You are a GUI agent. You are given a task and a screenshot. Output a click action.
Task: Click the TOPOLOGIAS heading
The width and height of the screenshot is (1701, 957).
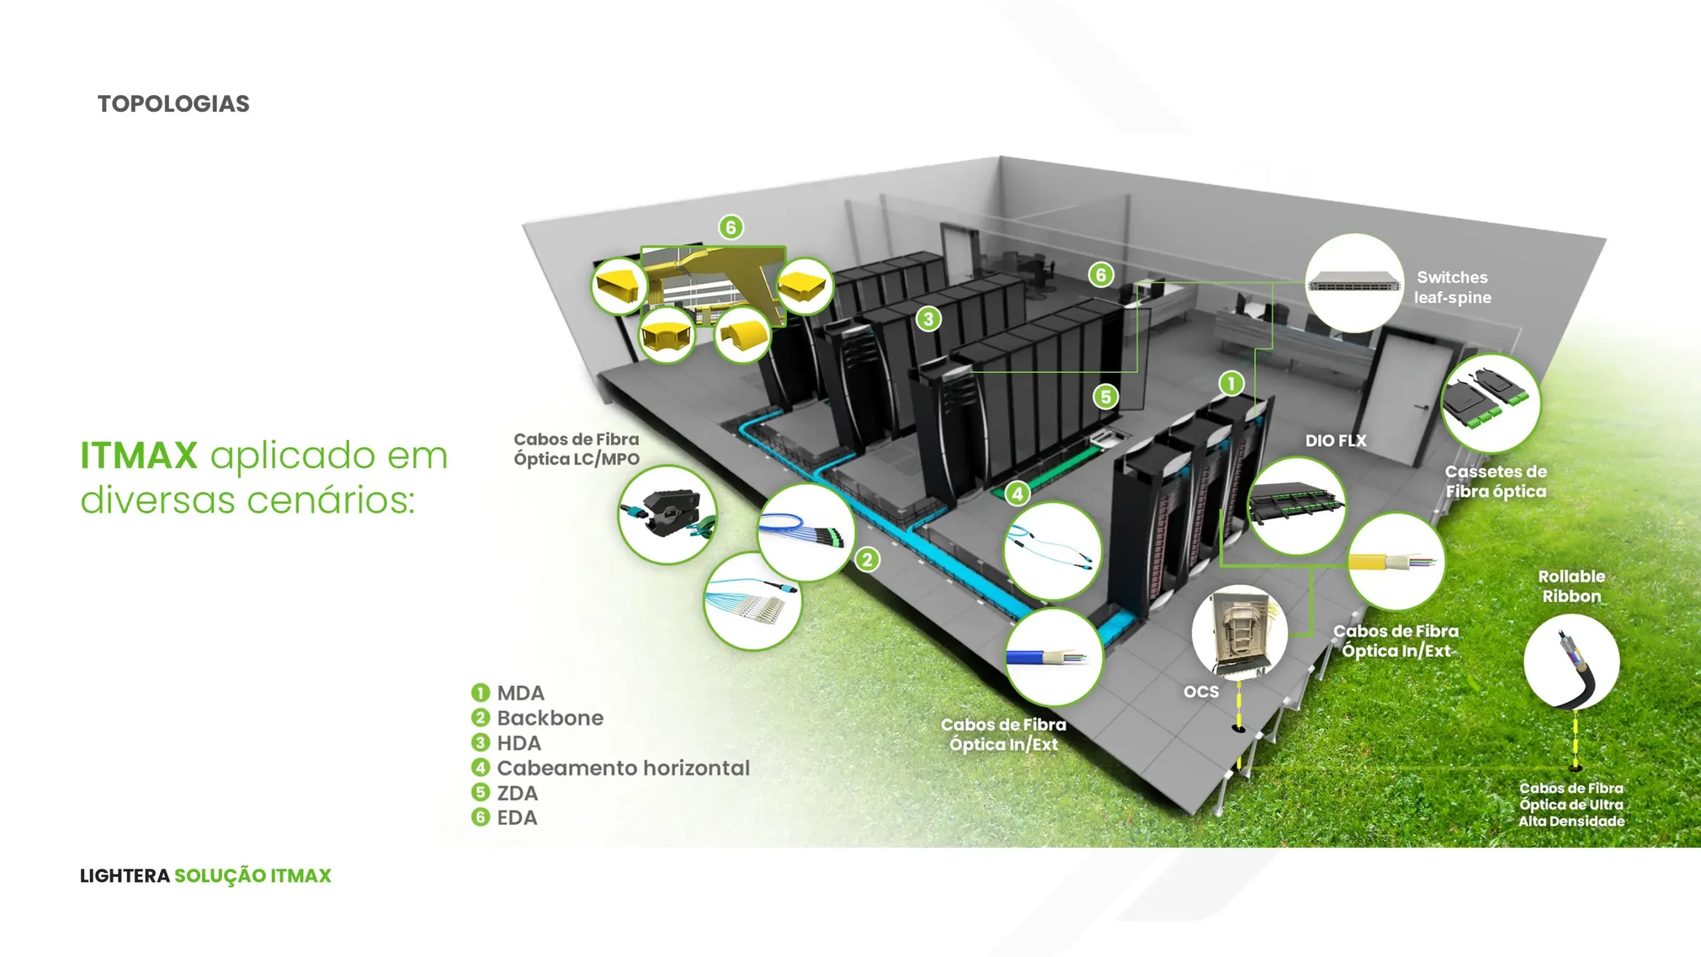173,104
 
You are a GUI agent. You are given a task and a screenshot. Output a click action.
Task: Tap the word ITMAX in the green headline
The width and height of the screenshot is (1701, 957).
139,456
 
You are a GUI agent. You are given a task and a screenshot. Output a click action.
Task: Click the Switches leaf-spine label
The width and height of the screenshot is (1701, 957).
1452,287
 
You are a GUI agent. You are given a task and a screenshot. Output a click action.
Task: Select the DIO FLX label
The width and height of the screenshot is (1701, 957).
1336,441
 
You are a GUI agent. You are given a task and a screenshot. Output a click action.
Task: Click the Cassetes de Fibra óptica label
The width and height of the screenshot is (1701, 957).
1496,481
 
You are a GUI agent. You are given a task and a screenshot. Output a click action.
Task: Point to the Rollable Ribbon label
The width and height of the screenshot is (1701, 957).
1571,586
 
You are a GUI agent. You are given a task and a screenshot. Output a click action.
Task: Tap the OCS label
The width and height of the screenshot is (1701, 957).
1201,692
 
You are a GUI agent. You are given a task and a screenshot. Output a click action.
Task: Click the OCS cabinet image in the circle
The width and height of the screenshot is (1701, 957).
1240,632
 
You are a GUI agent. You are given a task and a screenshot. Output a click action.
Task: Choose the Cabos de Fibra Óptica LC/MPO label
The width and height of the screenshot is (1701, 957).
576,449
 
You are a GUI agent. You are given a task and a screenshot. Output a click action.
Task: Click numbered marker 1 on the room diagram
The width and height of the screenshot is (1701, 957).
1231,383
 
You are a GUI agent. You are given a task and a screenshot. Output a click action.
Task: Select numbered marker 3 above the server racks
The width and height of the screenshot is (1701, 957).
928,319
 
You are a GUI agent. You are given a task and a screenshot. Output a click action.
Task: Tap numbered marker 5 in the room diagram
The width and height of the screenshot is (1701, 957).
1106,397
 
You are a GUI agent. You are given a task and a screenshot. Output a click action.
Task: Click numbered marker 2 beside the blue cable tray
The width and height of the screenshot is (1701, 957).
867,560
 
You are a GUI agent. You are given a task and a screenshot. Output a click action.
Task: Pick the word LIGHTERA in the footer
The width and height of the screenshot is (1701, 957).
125,876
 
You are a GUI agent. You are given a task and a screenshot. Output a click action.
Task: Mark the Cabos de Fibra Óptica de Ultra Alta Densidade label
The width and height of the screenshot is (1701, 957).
1571,804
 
